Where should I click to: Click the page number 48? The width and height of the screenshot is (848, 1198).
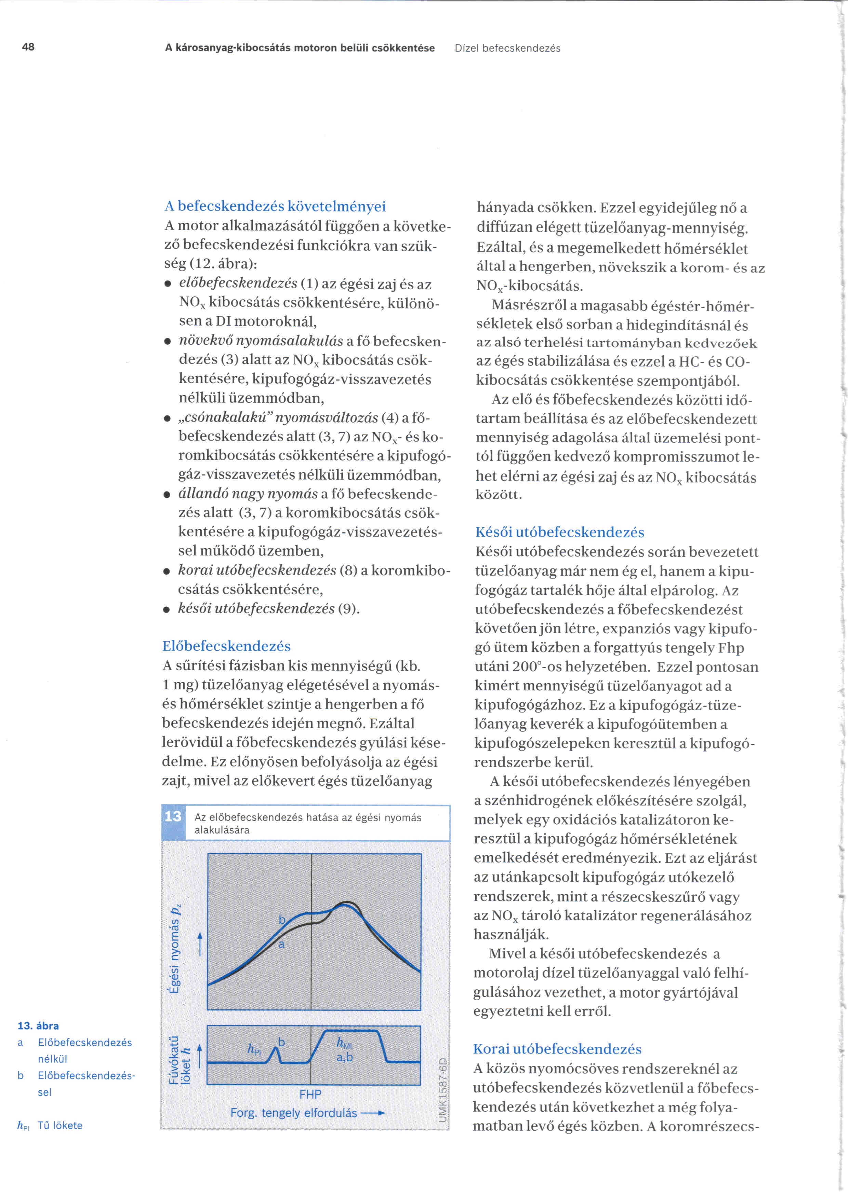[x=28, y=47]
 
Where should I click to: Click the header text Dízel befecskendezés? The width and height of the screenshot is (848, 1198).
[x=507, y=49]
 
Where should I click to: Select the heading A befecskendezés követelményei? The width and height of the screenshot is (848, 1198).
[x=275, y=207]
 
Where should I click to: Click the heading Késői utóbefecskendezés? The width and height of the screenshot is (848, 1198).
[x=560, y=532]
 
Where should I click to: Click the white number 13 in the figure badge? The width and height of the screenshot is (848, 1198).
[x=173, y=816]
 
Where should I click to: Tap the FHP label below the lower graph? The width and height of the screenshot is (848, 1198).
[x=310, y=1094]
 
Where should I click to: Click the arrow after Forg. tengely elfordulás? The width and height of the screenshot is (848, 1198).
[x=374, y=1113]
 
